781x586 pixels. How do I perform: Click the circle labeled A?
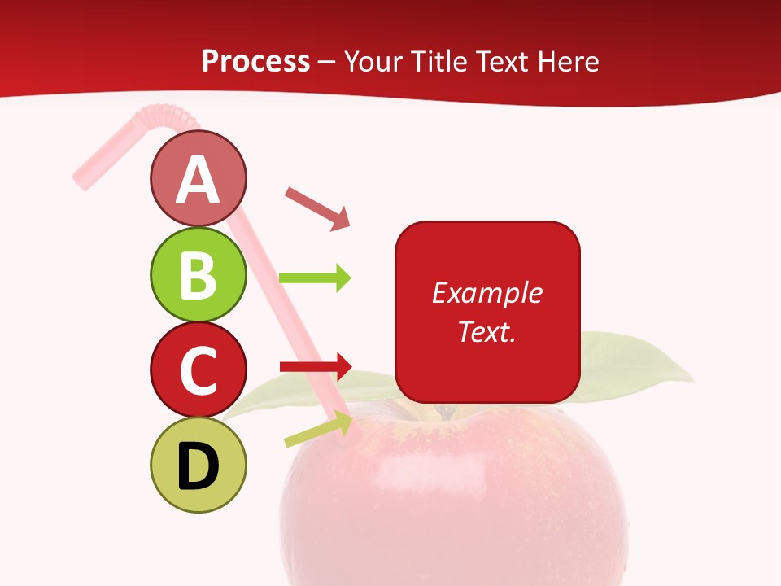(198, 178)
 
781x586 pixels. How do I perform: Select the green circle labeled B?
(198, 274)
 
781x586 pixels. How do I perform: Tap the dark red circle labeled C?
(198, 370)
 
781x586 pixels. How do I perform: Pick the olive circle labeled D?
(198, 466)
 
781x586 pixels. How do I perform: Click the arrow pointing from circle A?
(316, 208)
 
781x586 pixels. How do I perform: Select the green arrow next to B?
(315, 278)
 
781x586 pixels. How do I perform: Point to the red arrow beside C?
(315, 366)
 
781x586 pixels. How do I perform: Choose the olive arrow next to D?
(318, 430)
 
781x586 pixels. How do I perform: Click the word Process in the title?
(255, 61)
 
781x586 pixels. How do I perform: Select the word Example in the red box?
(486, 293)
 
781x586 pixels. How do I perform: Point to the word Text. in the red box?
(486, 331)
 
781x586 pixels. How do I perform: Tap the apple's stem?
(445, 410)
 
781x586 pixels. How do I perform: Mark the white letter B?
(198, 274)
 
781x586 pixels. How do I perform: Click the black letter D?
(198, 466)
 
